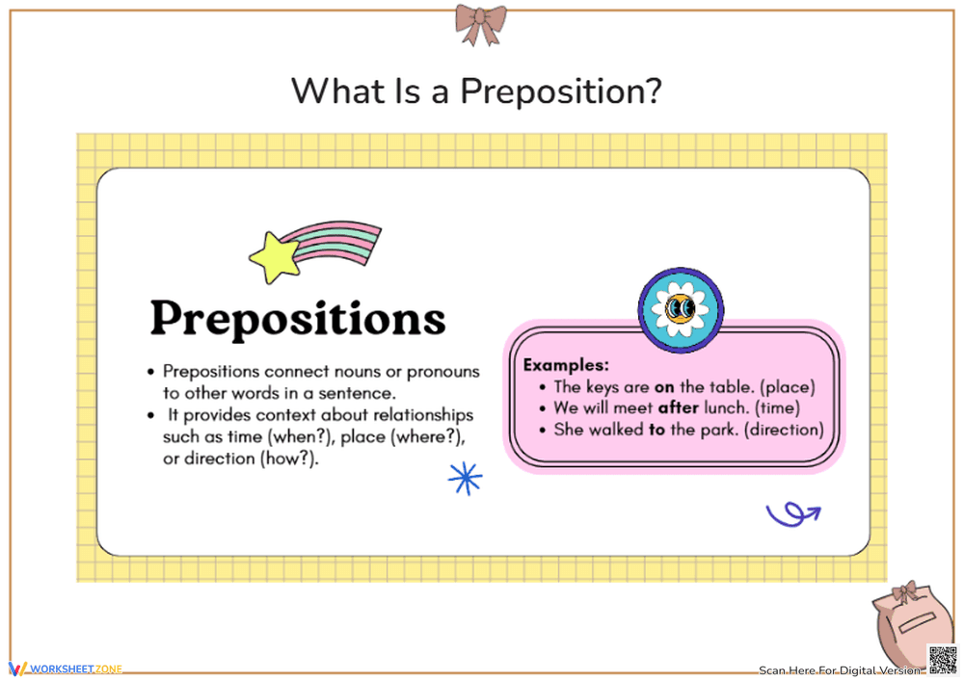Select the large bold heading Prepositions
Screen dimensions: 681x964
(298, 319)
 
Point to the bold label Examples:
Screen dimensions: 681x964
(566, 366)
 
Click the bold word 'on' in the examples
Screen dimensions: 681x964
(664, 387)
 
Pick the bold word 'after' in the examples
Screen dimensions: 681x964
(678, 408)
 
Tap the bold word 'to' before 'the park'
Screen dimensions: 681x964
(656, 430)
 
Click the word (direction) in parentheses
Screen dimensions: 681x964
(779, 430)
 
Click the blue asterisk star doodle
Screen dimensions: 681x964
(466, 479)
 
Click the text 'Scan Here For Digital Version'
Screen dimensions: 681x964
(840, 670)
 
